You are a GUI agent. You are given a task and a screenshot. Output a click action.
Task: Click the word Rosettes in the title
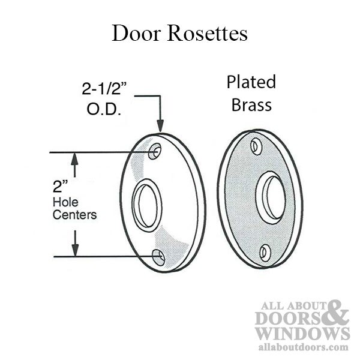pyautogui.click(x=208, y=34)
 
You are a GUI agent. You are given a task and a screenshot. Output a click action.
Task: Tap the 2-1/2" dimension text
pyautogui.click(x=104, y=88)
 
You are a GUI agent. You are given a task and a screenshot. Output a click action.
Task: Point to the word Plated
pyautogui.click(x=251, y=82)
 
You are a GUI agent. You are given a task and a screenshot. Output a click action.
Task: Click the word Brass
pyautogui.click(x=251, y=105)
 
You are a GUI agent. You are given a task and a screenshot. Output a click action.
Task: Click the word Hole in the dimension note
pyautogui.click(x=65, y=202)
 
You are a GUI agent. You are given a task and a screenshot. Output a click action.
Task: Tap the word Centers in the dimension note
pyautogui.click(x=74, y=215)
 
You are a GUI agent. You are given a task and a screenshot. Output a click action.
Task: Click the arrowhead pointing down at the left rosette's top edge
pyautogui.click(x=160, y=126)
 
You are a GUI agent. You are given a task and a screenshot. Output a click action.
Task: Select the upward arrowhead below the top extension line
pyautogui.click(x=74, y=159)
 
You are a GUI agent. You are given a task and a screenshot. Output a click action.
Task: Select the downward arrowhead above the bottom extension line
pyautogui.click(x=75, y=250)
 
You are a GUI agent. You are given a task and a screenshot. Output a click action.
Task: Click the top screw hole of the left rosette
pyautogui.click(x=155, y=151)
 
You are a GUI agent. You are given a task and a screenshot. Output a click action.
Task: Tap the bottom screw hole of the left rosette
pyautogui.click(x=158, y=257)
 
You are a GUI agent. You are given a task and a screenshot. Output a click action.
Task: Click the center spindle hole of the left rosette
pyautogui.click(x=147, y=205)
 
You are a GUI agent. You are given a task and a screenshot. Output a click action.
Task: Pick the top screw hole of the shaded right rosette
pyautogui.click(x=256, y=146)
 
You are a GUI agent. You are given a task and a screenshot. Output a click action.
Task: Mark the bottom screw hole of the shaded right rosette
pyautogui.click(x=265, y=253)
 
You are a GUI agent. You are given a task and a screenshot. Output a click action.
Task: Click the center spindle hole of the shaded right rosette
pyautogui.click(x=271, y=197)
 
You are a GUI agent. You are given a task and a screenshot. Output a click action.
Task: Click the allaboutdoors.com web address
pyautogui.click(x=303, y=347)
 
